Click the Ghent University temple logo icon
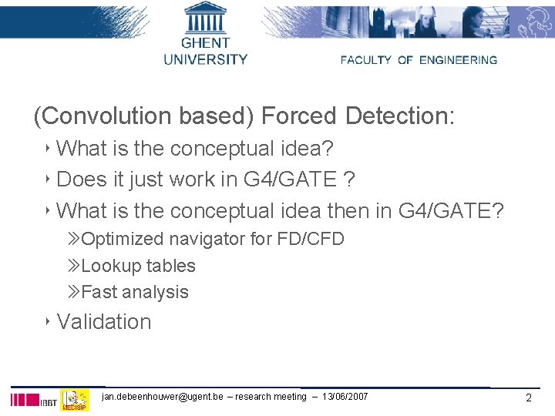[x=205, y=17]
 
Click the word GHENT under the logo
[x=205, y=43]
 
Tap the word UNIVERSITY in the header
[x=205, y=59]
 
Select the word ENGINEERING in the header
[x=458, y=60]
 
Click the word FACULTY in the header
[x=366, y=60]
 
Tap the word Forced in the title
[x=300, y=116]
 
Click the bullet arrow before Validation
[x=48, y=320]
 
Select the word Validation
[x=104, y=321]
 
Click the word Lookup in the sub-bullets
[x=106, y=266]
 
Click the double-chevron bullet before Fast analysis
[x=73, y=292]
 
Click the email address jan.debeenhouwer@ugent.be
[x=162, y=397]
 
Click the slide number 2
[x=528, y=398]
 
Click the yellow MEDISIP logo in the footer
[x=75, y=400]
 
